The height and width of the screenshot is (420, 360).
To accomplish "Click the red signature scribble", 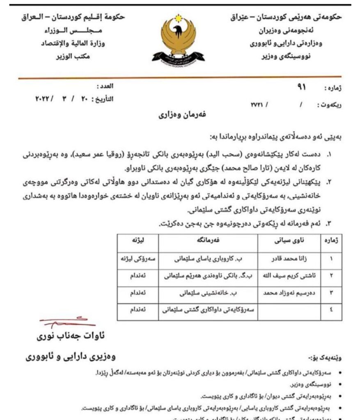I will coord(62,322).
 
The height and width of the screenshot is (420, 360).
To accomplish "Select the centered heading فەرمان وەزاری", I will coord(180,115).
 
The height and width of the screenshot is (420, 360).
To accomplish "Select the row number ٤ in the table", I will coord(331,312).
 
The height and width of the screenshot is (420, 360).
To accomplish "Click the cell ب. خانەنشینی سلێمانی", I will coord(208,294).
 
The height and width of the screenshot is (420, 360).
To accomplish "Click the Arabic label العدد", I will coord(105,87).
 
